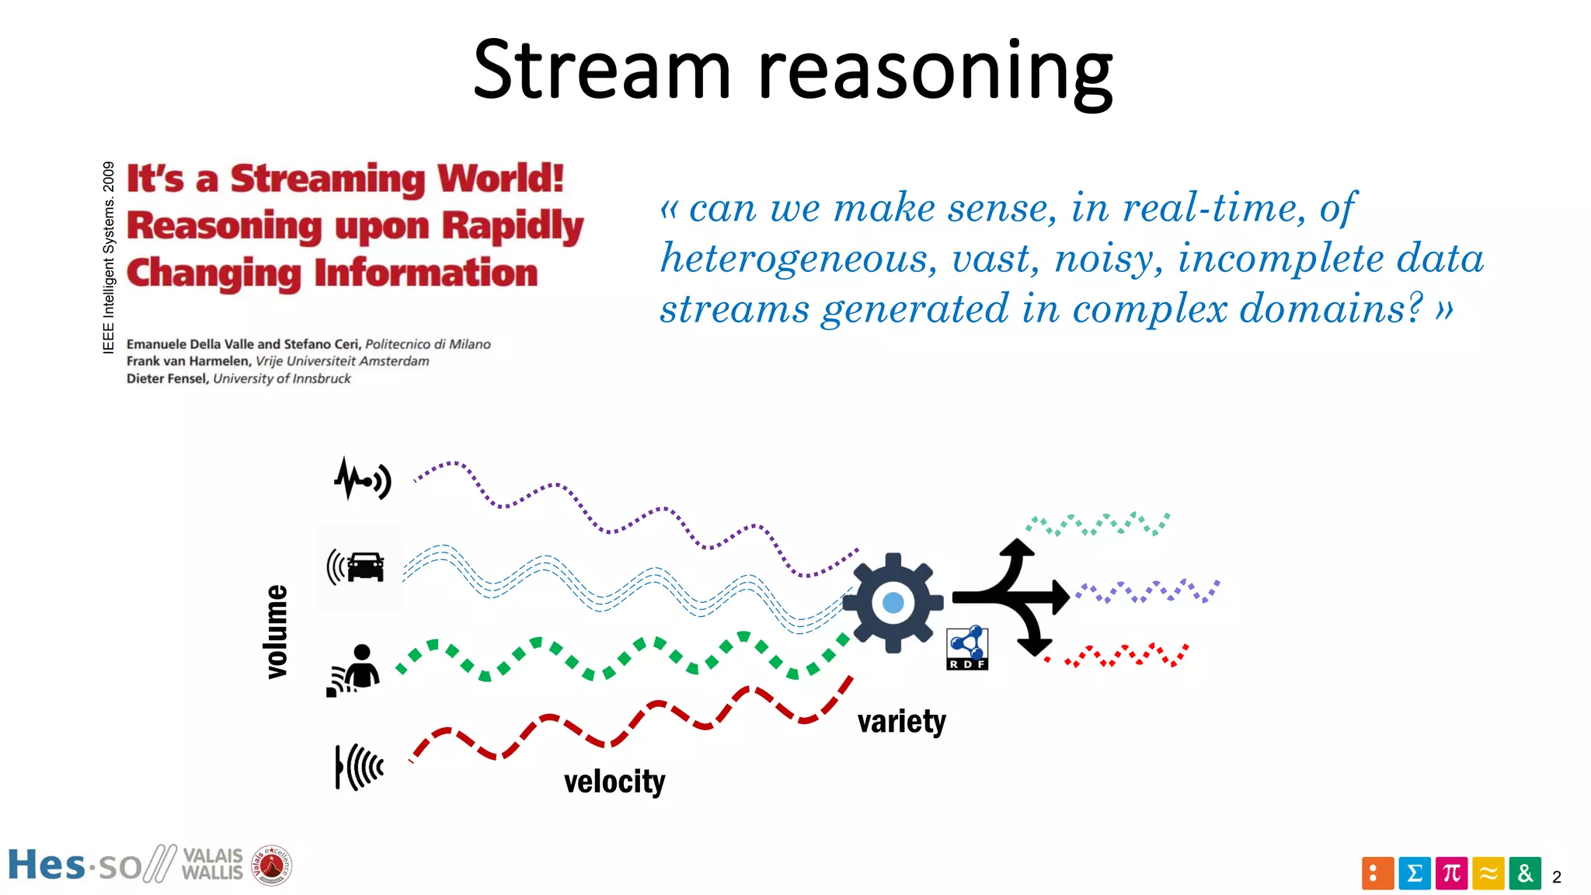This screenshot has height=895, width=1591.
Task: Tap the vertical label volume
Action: click(277, 632)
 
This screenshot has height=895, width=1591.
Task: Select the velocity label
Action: click(614, 782)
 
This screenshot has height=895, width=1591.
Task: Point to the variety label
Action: click(901, 722)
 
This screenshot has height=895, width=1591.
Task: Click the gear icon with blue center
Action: click(893, 602)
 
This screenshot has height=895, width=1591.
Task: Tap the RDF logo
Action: click(967, 648)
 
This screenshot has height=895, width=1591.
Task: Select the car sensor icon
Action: click(357, 566)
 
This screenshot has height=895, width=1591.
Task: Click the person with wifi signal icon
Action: click(354, 669)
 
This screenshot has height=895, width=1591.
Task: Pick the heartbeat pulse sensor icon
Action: click(362, 479)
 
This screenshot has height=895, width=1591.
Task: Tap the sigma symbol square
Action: click(1415, 873)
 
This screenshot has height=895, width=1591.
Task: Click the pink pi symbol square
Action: click(1451, 873)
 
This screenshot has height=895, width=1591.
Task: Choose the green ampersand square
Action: click(1525, 873)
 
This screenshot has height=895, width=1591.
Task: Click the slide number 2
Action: click(1556, 877)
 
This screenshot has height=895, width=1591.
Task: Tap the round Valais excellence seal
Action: click(272, 865)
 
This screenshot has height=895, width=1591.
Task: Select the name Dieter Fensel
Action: click(167, 378)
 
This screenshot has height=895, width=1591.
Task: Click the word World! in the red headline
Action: click(500, 179)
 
